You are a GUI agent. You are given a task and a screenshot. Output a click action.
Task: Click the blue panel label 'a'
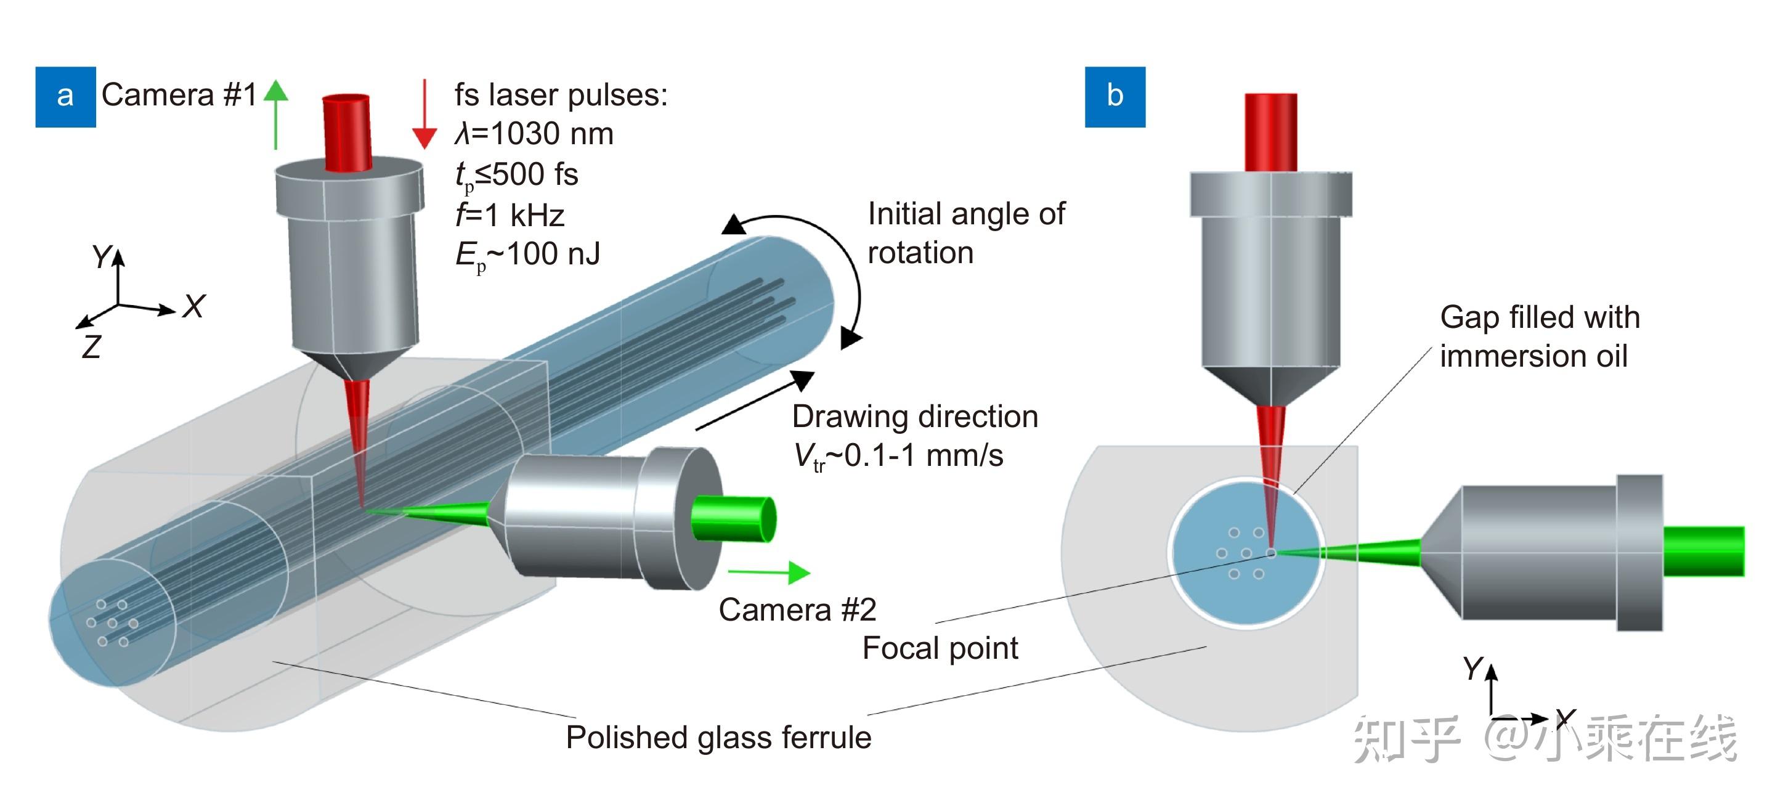pyautogui.click(x=65, y=96)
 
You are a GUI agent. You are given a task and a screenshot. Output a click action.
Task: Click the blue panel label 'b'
pyautogui.click(x=1115, y=96)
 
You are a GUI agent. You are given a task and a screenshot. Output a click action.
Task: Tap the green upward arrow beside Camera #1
pyautogui.click(x=276, y=114)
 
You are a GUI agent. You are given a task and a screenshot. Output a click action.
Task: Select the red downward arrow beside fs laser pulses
pyautogui.click(x=424, y=114)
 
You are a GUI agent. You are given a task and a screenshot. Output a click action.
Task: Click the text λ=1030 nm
pyautogui.click(x=534, y=134)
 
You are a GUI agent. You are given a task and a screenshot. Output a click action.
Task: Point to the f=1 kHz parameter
pyautogui.click(x=510, y=216)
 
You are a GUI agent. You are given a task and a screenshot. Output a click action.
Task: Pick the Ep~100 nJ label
pyautogui.click(x=527, y=255)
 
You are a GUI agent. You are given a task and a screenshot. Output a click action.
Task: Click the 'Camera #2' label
pyautogui.click(x=797, y=610)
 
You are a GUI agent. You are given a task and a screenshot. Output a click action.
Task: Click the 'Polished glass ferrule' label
pyautogui.click(x=718, y=737)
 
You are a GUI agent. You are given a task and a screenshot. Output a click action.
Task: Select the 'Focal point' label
pyautogui.click(x=940, y=648)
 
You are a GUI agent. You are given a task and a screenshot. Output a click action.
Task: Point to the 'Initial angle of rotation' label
pyautogui.click(x=965, y=234)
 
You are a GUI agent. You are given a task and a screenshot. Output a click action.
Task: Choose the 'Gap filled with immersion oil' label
pyautogui.click(x=1540, y=336)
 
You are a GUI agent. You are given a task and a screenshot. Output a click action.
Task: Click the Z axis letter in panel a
pyautogui.click(x=91, y=346)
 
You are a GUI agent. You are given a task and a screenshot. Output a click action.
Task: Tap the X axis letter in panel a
pyautogui.click(x=194, y=306)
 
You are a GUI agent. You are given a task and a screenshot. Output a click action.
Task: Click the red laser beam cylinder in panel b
pyautogui.click(x=1271, y=132)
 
